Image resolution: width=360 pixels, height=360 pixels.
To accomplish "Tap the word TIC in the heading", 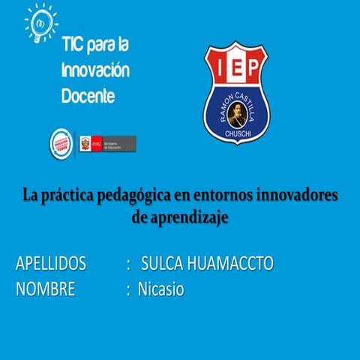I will click(73, 46).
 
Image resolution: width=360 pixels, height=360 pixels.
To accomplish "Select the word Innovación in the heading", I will click(95, 72).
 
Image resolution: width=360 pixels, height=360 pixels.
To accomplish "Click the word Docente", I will click(88, 97).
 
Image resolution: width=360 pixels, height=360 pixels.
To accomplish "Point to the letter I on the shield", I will click(219, 68).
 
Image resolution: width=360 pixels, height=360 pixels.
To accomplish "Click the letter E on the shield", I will click(236, 68).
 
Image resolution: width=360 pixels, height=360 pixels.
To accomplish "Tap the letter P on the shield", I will click(254, 68).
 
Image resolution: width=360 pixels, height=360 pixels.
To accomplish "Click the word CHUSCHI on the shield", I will click(236, 133).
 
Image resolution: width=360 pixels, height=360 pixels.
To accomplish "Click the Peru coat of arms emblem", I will click(85, 142).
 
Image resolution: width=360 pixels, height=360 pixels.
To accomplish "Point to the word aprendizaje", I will click(189, 217).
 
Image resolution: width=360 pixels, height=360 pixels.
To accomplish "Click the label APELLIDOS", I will click(50, 264).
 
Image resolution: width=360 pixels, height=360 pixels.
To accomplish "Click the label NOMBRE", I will click(45, 289).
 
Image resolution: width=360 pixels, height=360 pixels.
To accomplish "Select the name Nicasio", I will click(160, 289).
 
